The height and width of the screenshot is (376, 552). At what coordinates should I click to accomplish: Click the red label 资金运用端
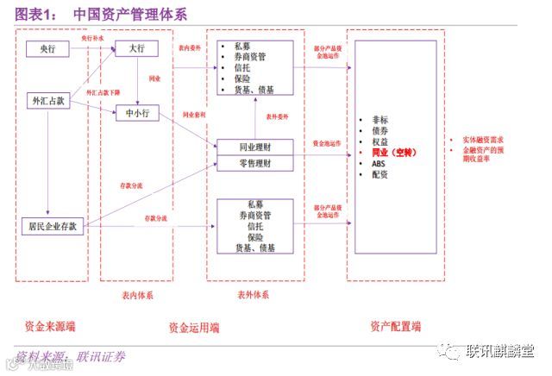click(194, 328)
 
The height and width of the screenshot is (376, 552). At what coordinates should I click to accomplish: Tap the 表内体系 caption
click(138, 295)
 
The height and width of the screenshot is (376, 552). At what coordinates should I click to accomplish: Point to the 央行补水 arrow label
click(92, 39)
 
